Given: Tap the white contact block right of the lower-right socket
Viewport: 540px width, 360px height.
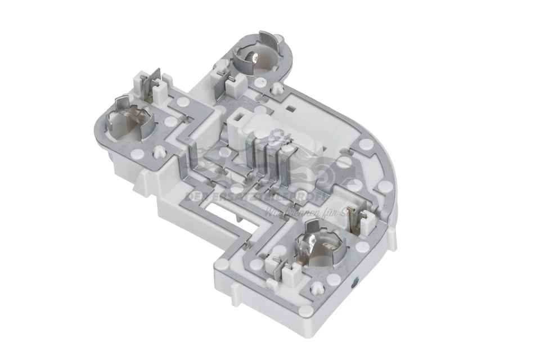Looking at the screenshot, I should pos(357,217).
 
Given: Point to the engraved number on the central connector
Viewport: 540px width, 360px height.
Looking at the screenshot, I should pos(276,135).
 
